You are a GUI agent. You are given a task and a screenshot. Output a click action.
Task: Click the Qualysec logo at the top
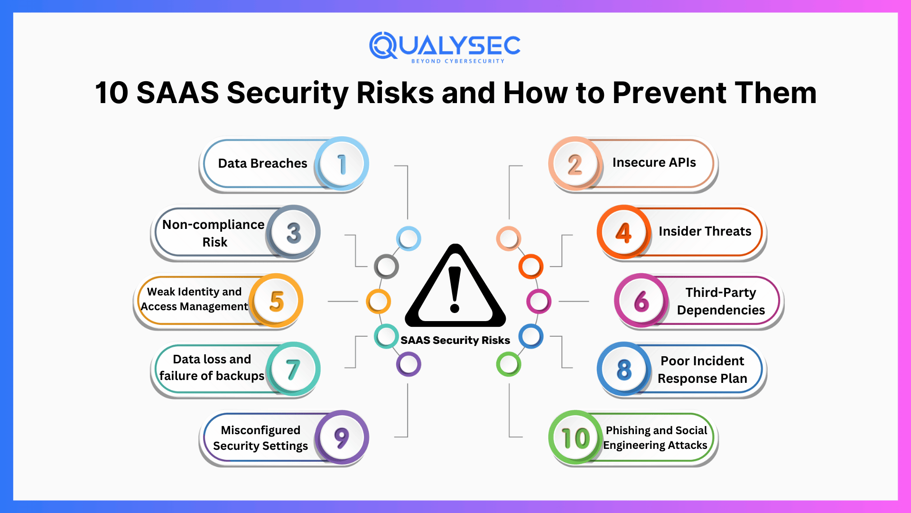(x=445, y=46)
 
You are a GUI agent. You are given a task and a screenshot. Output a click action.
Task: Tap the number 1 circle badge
(x=342, y=164)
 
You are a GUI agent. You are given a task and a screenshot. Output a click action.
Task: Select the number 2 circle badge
(x=575, y=164)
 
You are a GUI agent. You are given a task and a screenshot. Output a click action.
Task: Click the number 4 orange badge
(x=623, y=232)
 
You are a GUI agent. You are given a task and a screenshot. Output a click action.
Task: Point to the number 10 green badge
(x=575, y=437)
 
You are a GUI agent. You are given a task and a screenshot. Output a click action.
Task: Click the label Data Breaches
(x=262, y=163)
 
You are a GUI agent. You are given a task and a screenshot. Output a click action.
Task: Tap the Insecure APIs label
(x=654, y=162)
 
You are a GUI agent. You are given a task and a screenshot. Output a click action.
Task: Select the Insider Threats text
(x=705, y=231)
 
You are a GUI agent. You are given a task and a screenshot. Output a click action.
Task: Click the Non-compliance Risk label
(x=214, y=233)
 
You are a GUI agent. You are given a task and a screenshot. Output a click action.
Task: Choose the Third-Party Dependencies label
(x=720, y=301)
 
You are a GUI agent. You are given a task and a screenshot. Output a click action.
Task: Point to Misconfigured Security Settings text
(x=260, y=437)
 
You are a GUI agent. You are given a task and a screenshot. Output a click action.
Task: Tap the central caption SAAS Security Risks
(x=455, y=340)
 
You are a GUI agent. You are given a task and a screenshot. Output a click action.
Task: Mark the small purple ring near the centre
(x=409, y=364)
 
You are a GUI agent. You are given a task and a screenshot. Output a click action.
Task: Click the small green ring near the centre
(x=509, y=364)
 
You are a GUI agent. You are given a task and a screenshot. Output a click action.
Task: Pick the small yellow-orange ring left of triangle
(x=378, y=301)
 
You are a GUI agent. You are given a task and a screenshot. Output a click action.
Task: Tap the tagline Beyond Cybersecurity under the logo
(x=457, y=61)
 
